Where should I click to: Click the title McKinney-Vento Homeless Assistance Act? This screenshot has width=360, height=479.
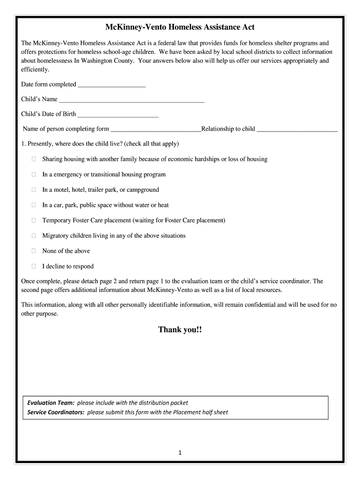coord(180,28)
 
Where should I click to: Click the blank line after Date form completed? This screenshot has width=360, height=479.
coord(112,85)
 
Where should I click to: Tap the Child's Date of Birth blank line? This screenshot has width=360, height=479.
coord(118,115)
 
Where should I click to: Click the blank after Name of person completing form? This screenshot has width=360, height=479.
coord(155,130)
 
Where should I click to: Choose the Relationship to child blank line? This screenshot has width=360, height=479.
coord(297,130)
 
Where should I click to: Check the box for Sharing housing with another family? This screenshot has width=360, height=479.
coord(34,159)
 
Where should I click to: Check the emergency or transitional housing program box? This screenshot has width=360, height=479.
coord(34,174)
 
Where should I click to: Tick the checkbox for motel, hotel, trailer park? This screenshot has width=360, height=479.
coord(34,190)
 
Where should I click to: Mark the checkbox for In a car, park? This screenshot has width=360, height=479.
coord(34,205)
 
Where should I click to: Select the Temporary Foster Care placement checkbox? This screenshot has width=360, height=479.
coord(34,220)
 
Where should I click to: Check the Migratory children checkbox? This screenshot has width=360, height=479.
coord(34,236)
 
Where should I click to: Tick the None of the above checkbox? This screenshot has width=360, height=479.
coord(34,251)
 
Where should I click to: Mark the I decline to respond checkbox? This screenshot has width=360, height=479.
coord(34,266)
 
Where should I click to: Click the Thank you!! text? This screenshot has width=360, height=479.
coord(180,330)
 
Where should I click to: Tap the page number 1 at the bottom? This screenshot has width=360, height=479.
coord(180,452)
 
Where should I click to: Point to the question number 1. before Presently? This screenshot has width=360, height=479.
coord(24,144)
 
